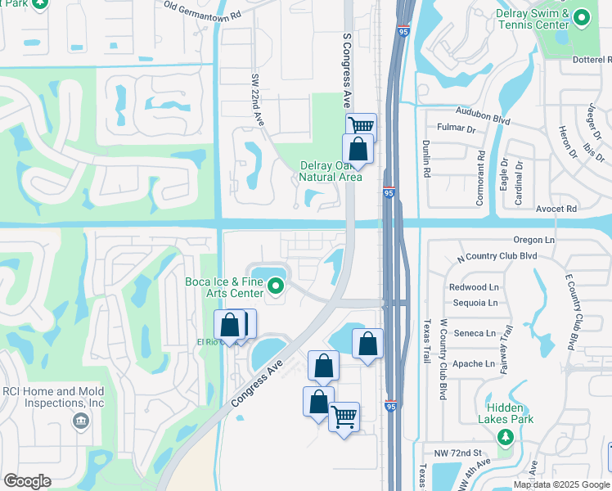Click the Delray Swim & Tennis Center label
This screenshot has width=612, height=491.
click(x=531, y=20)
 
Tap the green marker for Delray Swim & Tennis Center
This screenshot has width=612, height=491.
click(x=582, y=16)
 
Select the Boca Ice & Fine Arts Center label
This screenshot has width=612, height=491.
click(x=224, y=288)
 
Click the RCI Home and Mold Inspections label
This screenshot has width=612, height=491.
click(x=52, y=397)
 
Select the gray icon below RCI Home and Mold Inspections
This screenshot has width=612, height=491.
click(x=80, y=421)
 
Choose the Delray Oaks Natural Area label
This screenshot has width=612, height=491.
click(x=330, y=171)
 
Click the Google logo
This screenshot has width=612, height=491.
click(x=27, y=481)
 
